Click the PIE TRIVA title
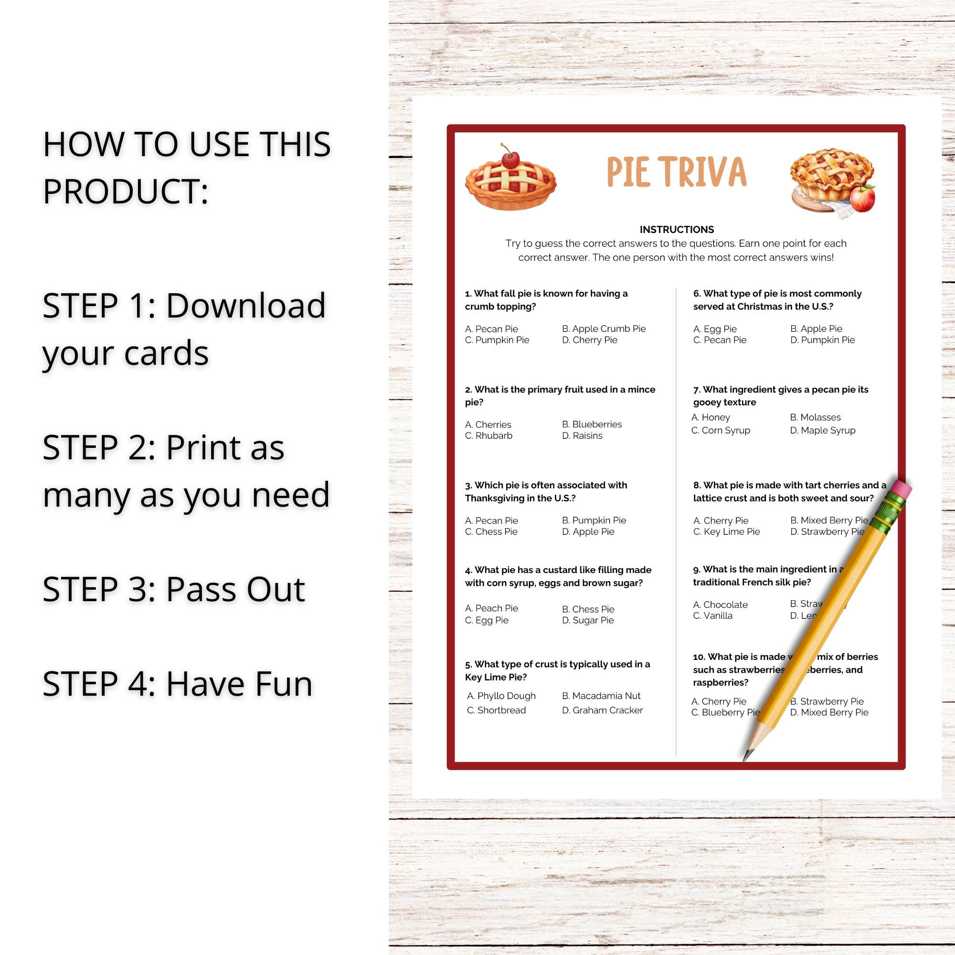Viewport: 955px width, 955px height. tap(676, 172)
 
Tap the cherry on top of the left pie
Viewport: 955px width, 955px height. tap(510, 159)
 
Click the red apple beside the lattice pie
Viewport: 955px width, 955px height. tap(862, 198)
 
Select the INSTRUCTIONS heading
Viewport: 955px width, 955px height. tap(676, 229)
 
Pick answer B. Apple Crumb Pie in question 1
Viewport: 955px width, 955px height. tap(604, 329)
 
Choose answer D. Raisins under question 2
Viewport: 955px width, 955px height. tap(582, 435)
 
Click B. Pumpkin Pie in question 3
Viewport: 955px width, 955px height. tap(594, 520)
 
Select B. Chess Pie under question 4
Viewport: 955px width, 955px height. tap(588, 609)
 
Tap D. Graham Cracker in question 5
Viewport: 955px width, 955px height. tap(602, 710)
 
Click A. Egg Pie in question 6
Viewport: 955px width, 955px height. tap(714, 329)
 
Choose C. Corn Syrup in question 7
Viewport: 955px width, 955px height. tap(720, 430)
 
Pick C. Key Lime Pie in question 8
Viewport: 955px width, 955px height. tap(726, 531)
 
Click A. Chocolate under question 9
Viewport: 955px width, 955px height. tap(720, 605)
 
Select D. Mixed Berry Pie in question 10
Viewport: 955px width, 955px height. tap(829, 712)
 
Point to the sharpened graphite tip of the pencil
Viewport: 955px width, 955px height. tap(746, 758)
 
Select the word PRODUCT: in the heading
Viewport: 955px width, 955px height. tap(126, 191)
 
